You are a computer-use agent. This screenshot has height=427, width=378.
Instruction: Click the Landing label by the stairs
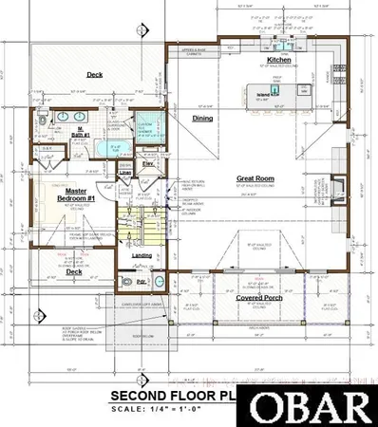[x=142, y=255]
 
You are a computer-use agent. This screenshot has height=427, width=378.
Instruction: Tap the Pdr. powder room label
[x=142, y=282]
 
